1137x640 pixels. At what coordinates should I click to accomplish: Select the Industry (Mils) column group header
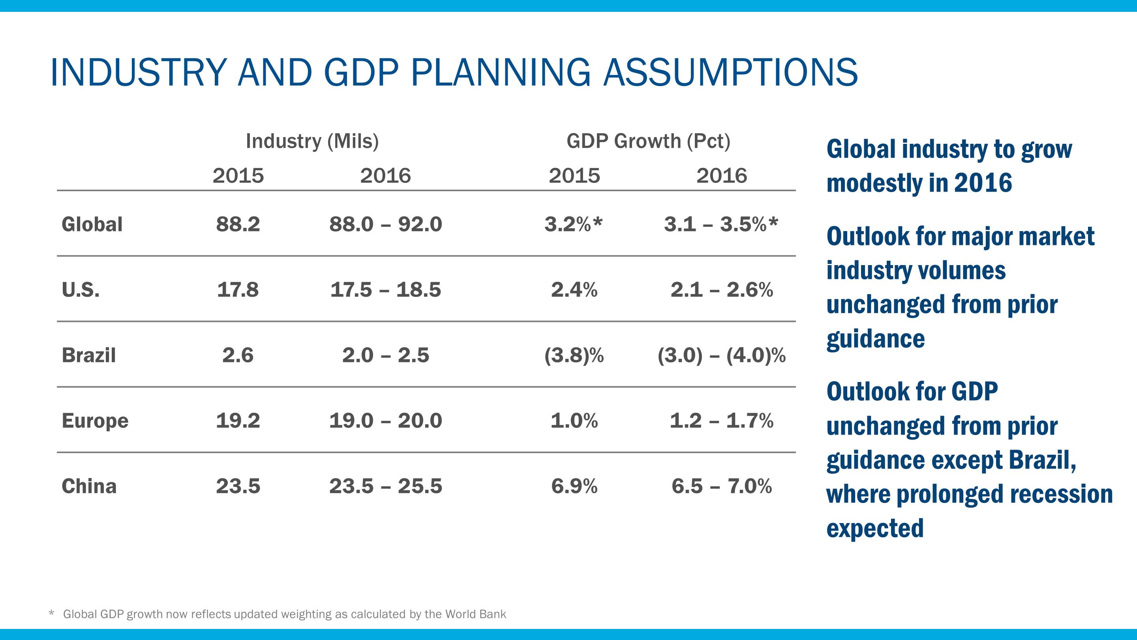[312, 141]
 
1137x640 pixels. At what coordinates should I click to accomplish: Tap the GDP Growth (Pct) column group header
[648, 141]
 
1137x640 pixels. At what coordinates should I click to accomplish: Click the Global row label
[92, 224]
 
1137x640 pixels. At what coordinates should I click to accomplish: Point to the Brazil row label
[89, 355]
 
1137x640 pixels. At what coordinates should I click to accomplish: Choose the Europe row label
[95, 420]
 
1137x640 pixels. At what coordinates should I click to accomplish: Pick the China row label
[89, 486]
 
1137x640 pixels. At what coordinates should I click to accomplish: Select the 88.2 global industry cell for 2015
[238, 224]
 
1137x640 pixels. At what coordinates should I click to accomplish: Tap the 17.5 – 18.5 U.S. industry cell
[385, 290]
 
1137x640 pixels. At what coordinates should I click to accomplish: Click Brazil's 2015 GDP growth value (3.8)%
[574, 355]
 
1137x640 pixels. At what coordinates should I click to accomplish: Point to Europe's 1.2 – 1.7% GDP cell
[722, 420]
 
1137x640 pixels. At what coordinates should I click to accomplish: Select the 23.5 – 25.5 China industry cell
[385, 486]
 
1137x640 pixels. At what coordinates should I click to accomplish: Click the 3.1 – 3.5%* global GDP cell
[721, 224]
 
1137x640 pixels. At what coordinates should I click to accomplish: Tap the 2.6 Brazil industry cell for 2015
[238, 355]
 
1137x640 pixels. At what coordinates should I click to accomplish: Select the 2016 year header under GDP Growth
[722, 176]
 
